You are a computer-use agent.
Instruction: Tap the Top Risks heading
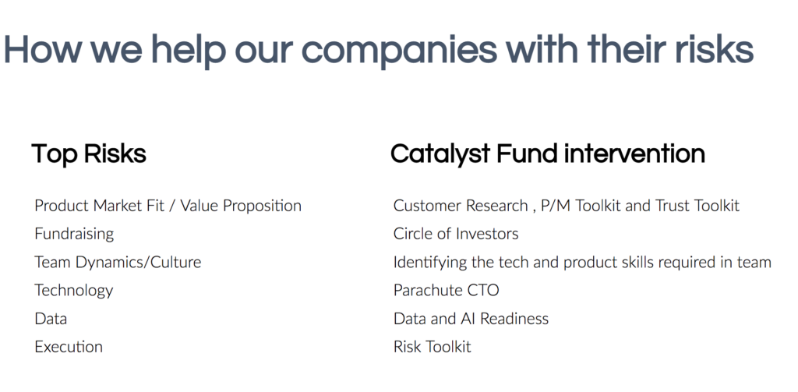coord(89,154)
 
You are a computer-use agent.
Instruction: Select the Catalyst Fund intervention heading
coord(548,154)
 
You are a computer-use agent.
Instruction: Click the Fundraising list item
coord(74,234)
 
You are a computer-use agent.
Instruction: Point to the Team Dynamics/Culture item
coord(118,262)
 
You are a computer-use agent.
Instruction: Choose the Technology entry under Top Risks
coord(74,291)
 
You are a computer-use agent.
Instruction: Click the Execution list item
coord(69,347)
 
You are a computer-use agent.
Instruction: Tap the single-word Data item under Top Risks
coord(51,319)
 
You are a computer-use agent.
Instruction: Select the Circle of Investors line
coord(456,234)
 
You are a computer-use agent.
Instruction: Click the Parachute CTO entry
coord(447,290)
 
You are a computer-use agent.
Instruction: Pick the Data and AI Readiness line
coord(471,319)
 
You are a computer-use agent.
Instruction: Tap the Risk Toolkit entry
coord(432,347)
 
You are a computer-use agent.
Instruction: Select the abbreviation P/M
coord(556,207)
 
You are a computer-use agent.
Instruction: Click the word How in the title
coord(43,50)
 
